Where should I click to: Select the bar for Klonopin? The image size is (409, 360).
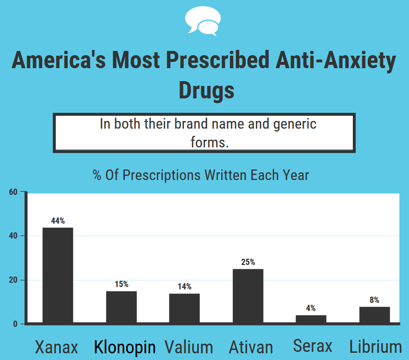point(121,307)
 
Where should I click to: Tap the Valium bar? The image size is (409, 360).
point(184,308)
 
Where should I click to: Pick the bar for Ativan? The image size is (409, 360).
point(248,296)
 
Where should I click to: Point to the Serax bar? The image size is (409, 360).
point(311,319)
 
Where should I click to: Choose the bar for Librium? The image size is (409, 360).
point(374,315)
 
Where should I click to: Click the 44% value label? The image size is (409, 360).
point(58,221)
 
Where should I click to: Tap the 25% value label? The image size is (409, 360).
point(248,262)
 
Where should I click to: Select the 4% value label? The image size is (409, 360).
point(311,308)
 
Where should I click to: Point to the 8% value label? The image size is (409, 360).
point(374,300)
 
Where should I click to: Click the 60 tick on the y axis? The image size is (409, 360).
point(13,192)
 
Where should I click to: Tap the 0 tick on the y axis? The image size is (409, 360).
point(15,324)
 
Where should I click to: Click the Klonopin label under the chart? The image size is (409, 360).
point(125,347)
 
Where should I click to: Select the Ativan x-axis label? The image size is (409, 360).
point(251,347)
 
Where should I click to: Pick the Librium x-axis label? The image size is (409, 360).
point(375,347)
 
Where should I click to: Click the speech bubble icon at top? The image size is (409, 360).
point(203,21)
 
